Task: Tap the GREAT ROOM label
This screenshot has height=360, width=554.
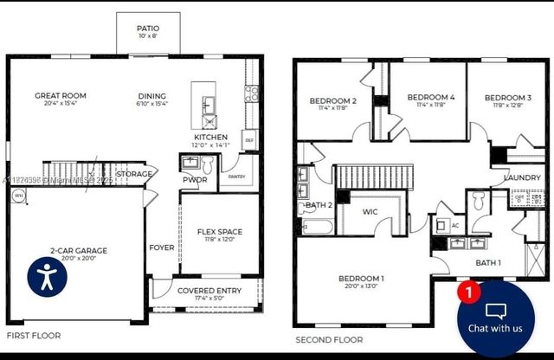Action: pyautogui.click(x=57, y=96)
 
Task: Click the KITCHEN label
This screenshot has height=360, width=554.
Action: pyautogui.click(x=210, y=138)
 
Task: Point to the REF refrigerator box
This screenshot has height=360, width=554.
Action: pyautogui.click(x=249, y=140)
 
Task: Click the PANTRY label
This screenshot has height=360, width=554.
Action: pyautogui.click(x=236, y=176)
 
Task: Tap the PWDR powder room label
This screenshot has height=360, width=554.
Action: pyautogui.click(x=190, y=180)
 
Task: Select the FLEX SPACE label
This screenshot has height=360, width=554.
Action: pyautogui.click(x=219, y=232)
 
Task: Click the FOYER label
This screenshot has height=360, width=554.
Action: pyautogui.click(x=161, y=247)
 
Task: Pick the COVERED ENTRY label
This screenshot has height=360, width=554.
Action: pyautogui.click(x=209, y=291)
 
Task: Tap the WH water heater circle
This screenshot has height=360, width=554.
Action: pyautogui.click(x=18, y=196)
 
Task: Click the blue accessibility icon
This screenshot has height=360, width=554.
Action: pyautogui.click(x=47, y=276)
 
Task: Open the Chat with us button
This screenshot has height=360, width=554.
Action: pyautogui.click(x=495, y=318)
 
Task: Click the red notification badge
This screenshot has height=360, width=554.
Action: pyautogui.click(x=468, y=292)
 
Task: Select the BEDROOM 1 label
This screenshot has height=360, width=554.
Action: pyautogui.click(x=361, y=279)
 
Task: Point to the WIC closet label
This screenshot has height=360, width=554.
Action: pyautogui.click(x=370, y=211)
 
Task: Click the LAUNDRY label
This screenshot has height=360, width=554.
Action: pyautogui.click(x=522, y=178)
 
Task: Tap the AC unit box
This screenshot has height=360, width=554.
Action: pyautogui.click(x=456, y=224)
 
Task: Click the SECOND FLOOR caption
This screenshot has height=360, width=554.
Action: pyautogui.click(x=329, y=340)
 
